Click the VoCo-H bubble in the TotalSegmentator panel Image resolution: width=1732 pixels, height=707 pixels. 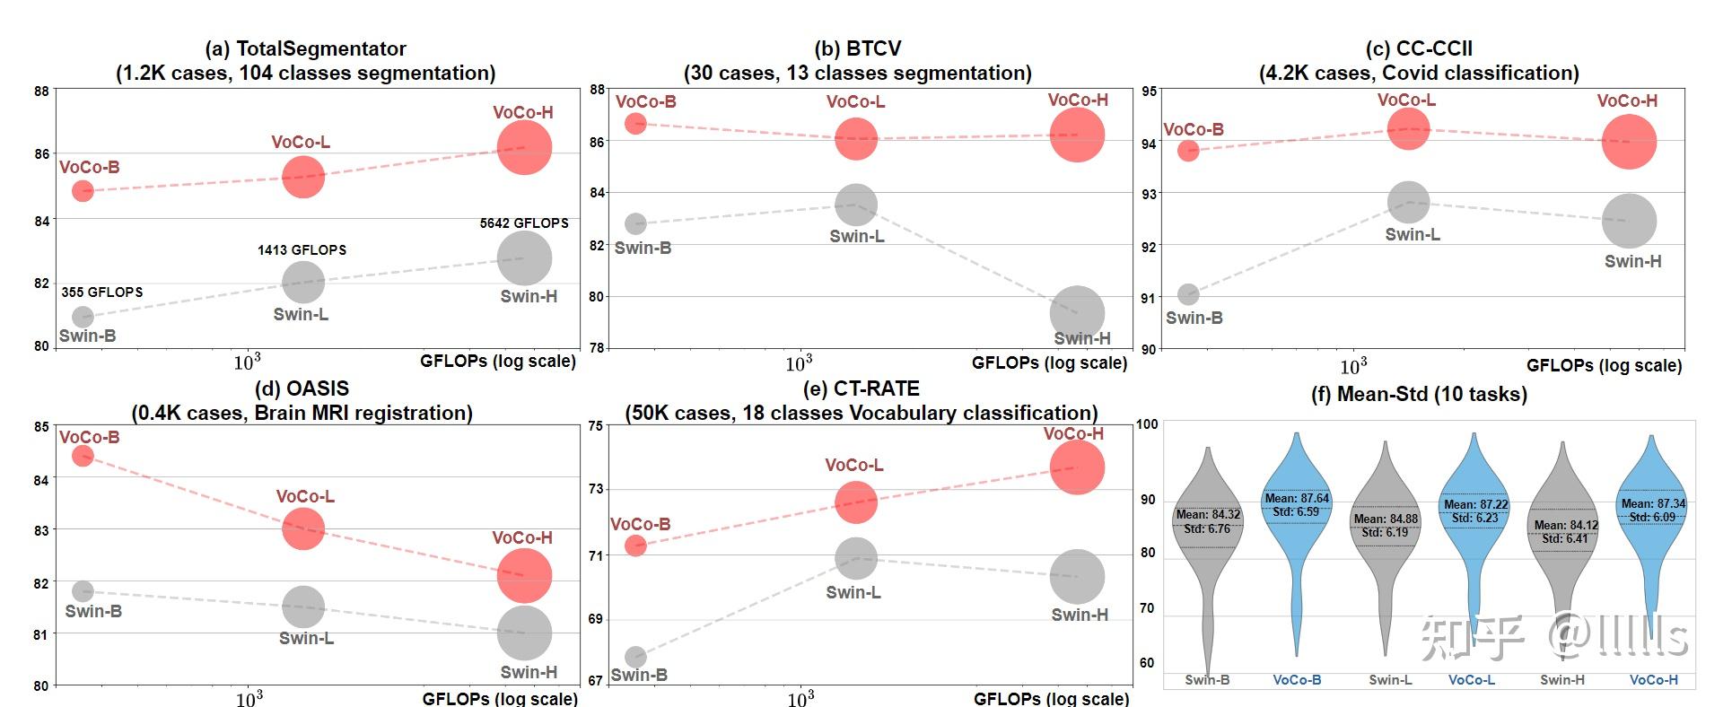tap(524, 148)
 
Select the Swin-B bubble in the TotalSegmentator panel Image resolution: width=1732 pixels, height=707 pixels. tap(83, 317)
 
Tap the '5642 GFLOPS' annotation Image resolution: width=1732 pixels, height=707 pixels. tap(524, 223)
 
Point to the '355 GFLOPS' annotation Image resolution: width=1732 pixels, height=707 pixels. tap(102, 292)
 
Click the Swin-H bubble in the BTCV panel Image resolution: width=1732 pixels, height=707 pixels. tap(1077, 313)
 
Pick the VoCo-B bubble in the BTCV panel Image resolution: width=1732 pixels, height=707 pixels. tap(635, 123)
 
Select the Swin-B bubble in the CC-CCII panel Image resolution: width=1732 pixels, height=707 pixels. tap(1188, 294)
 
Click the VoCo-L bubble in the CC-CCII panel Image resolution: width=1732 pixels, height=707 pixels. tap(1408, 129)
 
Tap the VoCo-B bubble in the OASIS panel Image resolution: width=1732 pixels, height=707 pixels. tap(83, 456)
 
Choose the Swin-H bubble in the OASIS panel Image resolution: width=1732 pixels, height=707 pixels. tap(524, 633)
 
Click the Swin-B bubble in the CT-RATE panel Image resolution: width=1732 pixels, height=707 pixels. tap(635, 657)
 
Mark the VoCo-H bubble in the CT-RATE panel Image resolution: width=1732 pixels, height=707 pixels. tap(1077, 467)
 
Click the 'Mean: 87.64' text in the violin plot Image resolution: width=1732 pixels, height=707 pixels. tap(1297, 499)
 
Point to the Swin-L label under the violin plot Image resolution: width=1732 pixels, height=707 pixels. tap(1390, 680)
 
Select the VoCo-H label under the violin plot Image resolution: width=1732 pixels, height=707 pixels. tap(1653, 680)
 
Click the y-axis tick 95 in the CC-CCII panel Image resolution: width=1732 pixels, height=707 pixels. tap(1149, 92)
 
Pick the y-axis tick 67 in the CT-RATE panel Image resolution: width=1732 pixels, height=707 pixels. tap(595, 681)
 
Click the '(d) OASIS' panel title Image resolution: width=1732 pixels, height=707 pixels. tap(302, 389)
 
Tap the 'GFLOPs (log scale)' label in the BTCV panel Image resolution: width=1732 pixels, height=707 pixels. tap(1049, 362)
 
